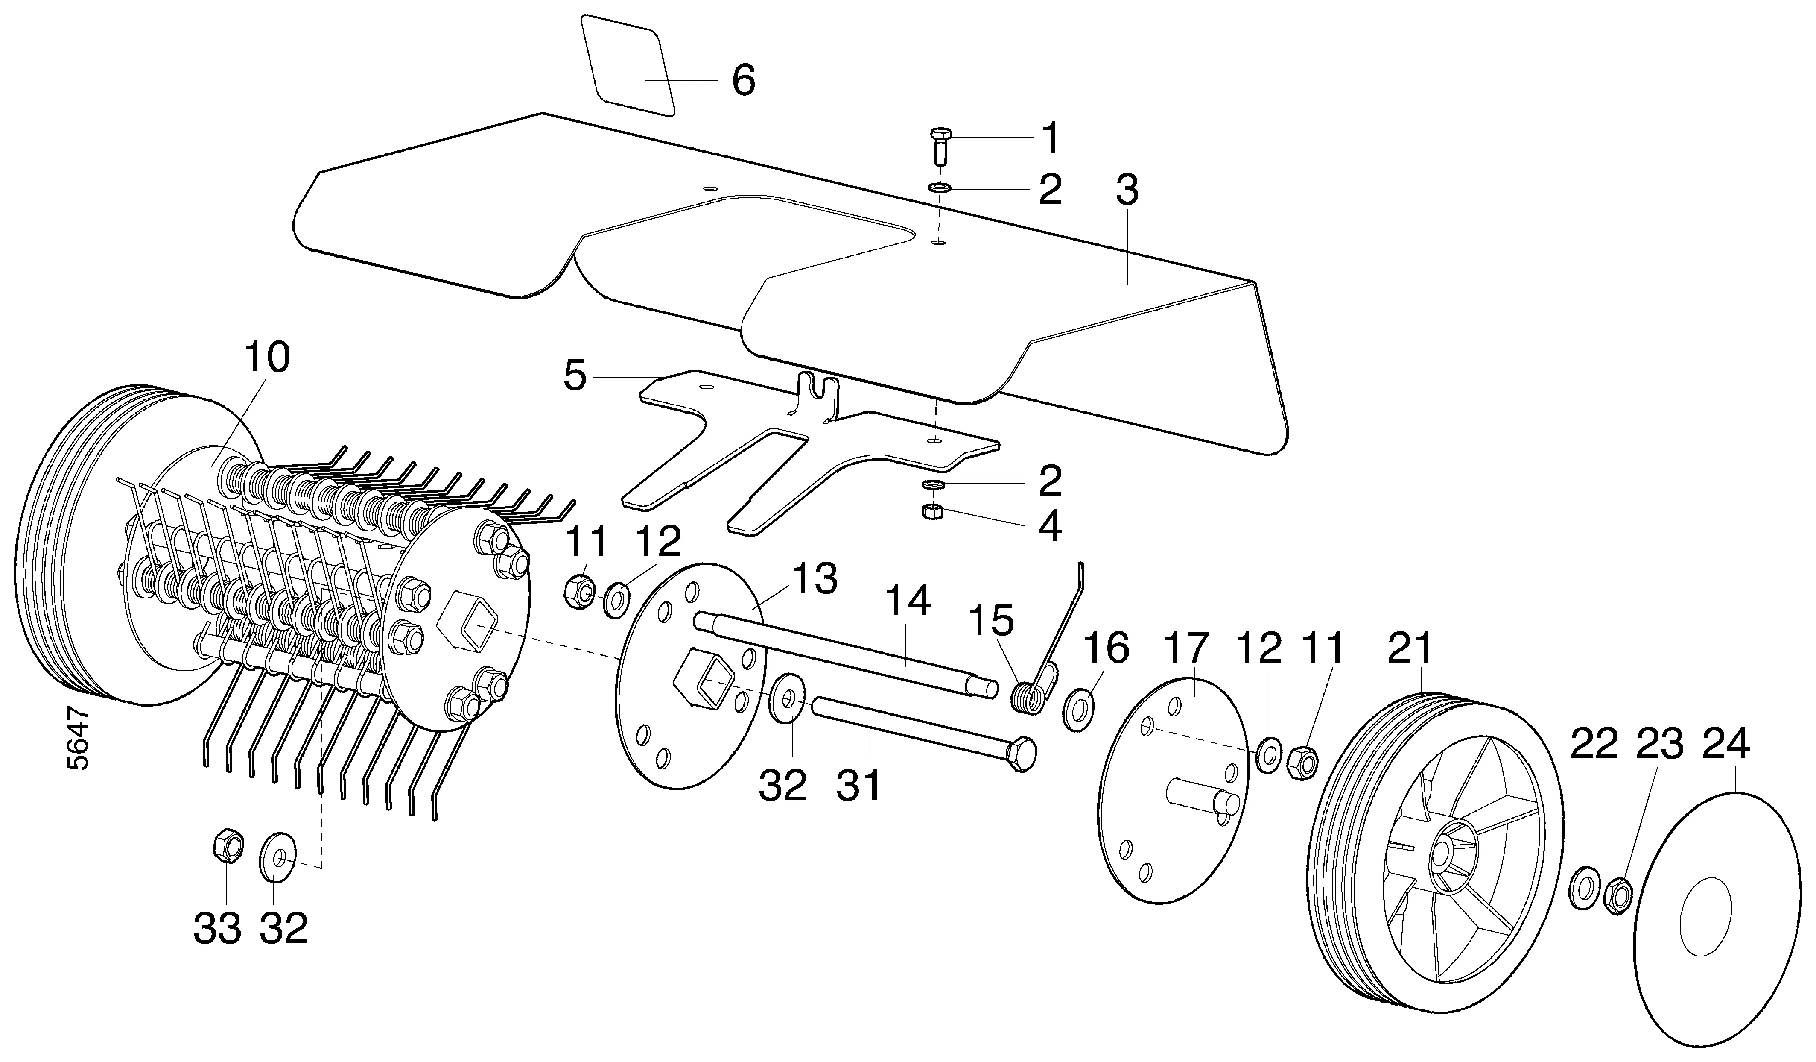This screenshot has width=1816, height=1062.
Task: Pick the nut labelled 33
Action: pyautogui.click(x=228, y=846)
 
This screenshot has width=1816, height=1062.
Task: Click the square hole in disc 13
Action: pyautogui.click(x=705, y=675)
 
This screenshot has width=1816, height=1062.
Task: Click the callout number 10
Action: pyautogui.click(x=267, y=358)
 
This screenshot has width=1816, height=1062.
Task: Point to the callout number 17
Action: pyautogui.click(x=1187, y=649)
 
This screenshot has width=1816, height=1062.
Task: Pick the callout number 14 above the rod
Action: pyautogui.click(x=907, y=601)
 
